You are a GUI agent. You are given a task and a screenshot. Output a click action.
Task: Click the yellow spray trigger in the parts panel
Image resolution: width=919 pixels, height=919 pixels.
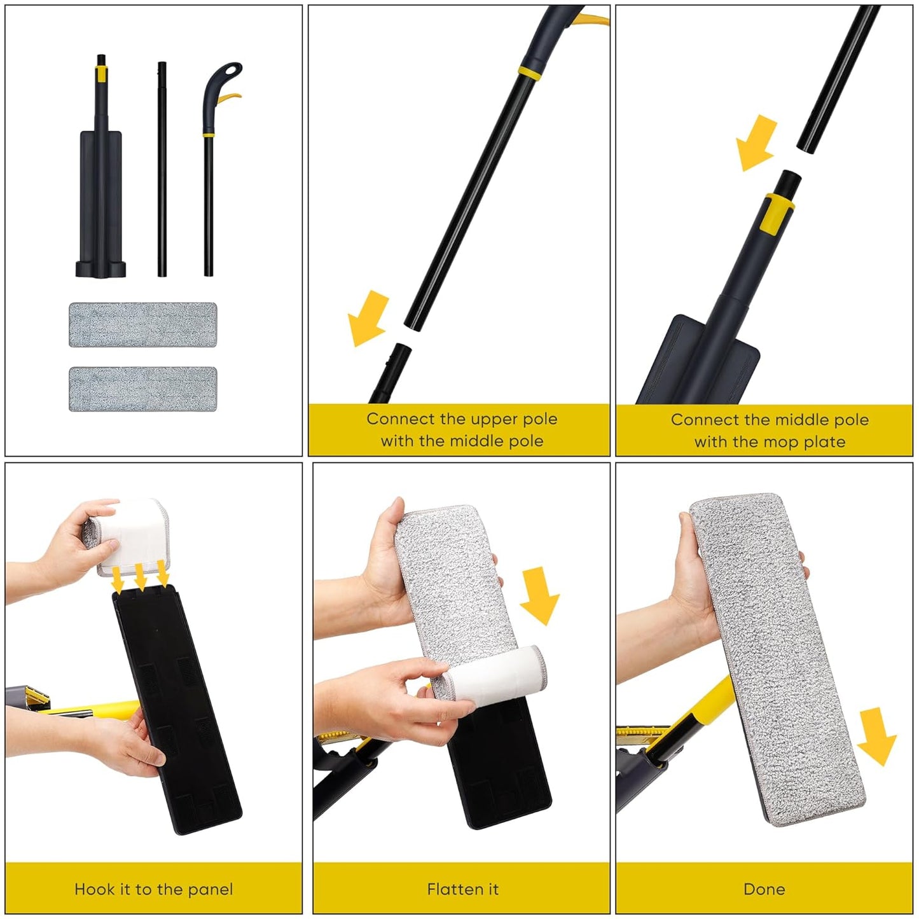click(x=231, y=98)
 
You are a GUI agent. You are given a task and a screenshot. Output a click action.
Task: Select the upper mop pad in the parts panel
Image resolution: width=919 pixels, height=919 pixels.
click(x=142, y=324)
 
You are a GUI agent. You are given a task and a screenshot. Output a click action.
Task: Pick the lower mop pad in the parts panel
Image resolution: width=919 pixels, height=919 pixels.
click(x=142, y=389)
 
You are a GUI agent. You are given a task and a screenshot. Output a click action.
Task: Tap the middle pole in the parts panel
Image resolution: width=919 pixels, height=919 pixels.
click(x=162, y=169)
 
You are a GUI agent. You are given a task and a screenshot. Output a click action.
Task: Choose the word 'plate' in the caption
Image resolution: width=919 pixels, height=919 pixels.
click(x=824, y=442)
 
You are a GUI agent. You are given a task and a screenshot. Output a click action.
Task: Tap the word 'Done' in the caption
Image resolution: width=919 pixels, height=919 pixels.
click(x=764, y=889)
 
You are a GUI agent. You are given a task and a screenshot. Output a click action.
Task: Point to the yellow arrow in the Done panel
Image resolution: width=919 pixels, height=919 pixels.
click(x=877, y=736)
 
